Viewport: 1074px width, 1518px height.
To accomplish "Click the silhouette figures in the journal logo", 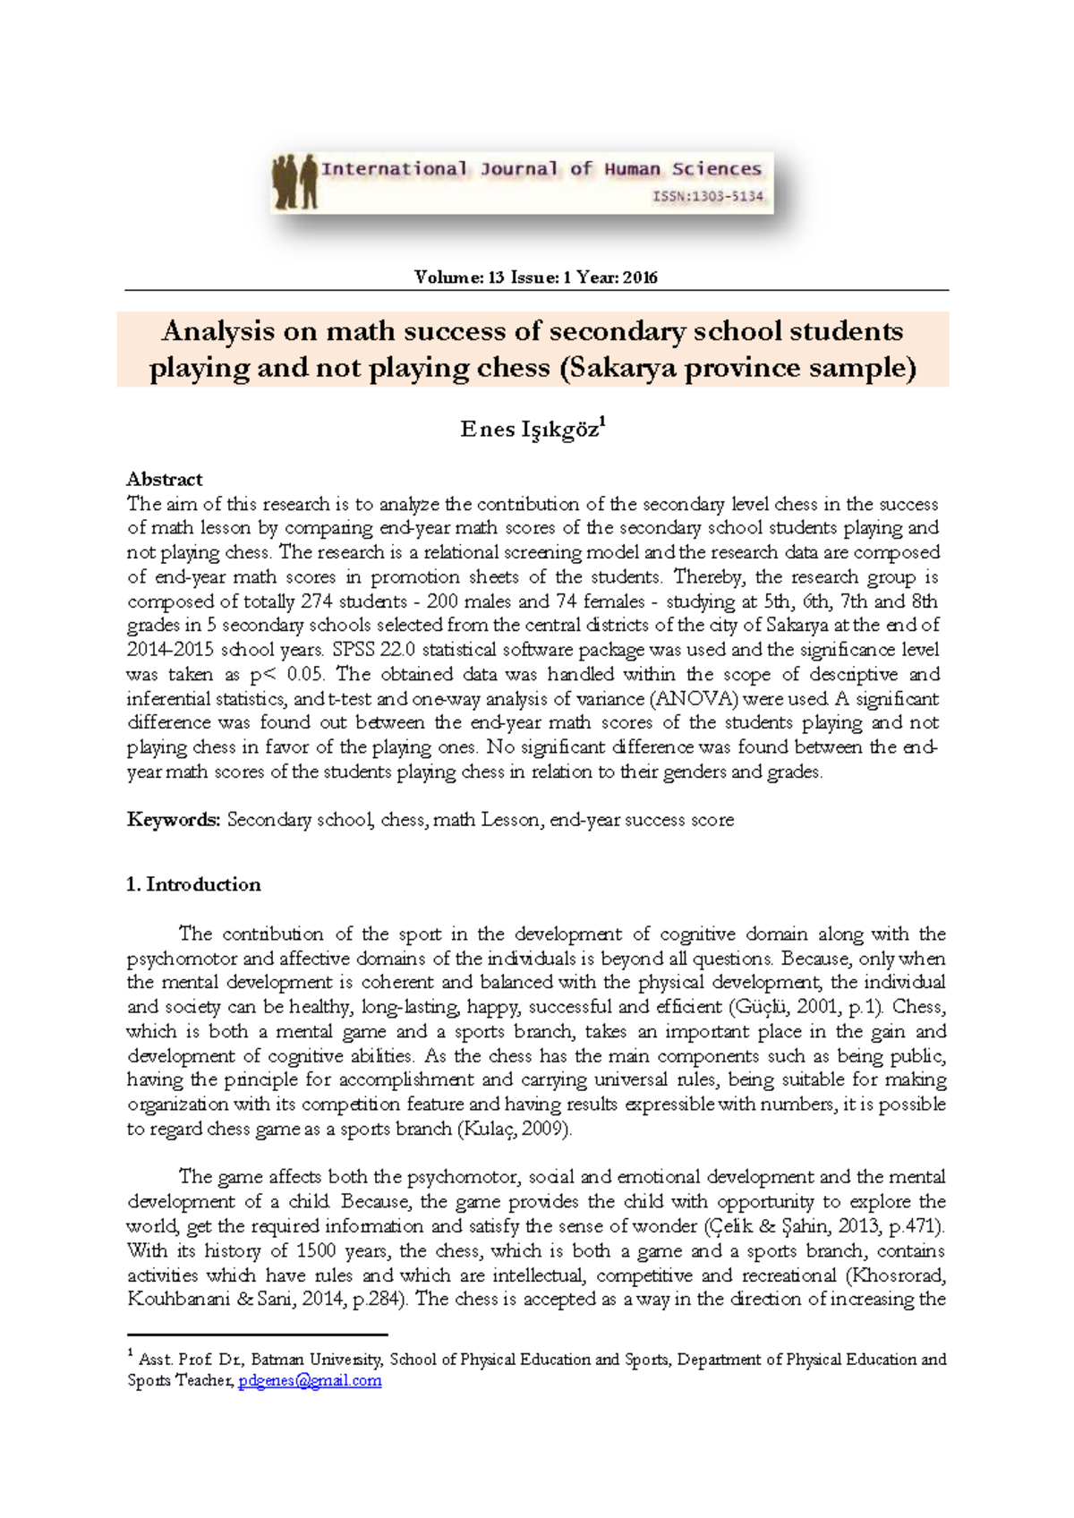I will [x=296, y=182].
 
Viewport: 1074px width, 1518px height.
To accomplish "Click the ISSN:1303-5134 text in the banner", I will [x=707, y=196].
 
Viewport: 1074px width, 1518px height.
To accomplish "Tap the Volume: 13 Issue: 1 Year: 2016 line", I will [x=535, y=277].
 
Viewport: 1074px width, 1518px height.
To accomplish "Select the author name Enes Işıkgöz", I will [x=530, y=430].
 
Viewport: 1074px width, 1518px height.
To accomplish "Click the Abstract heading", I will [x=165, y=479].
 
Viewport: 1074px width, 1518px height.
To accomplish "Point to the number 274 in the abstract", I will [x=318, y=601].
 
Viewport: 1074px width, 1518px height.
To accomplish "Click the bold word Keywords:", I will [x=173, y=820].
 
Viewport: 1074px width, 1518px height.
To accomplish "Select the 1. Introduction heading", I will [x=193, y=884].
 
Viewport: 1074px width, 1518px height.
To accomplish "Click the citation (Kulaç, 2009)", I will [x=514, y=1129].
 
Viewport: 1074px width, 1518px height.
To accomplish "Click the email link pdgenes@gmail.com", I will [x=310, y=1381].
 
